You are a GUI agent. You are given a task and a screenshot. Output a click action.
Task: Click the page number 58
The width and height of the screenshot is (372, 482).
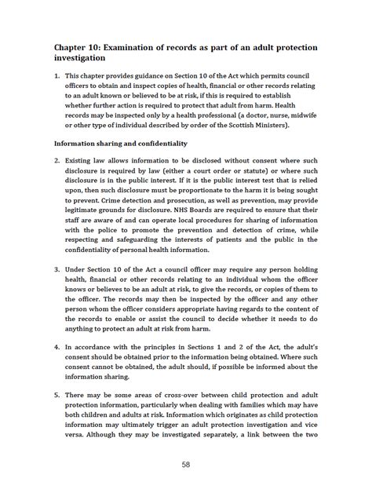[x=186, y=465]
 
